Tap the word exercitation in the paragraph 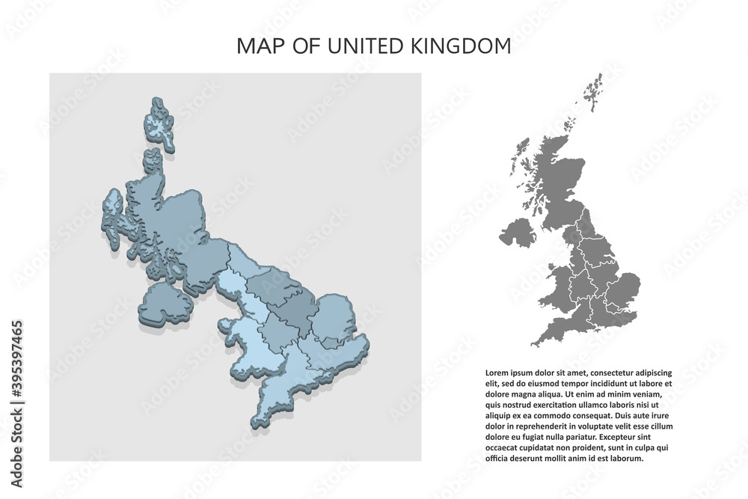[553, 404]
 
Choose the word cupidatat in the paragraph [536, 447]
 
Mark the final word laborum [625, 458]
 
